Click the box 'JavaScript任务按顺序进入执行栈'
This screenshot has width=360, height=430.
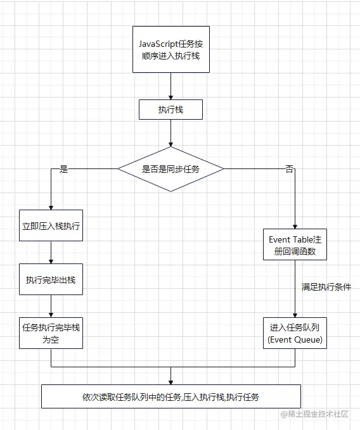170,47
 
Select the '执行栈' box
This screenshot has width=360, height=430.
170,110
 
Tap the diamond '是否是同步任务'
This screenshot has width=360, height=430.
170,169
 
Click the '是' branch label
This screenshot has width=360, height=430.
63,170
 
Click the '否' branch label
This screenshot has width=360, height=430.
290,170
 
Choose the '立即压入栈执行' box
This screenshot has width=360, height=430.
50,226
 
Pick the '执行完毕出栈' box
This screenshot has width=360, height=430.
50,279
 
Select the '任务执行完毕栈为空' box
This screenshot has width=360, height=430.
50,333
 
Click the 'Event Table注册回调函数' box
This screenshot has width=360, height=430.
294,245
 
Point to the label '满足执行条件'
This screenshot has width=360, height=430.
326,287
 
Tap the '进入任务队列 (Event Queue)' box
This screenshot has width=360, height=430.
294,333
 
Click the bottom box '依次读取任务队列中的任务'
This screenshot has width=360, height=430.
170,397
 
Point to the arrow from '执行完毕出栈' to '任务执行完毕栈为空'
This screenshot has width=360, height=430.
50,306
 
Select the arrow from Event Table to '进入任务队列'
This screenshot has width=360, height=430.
294,289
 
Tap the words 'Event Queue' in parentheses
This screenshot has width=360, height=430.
295,340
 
